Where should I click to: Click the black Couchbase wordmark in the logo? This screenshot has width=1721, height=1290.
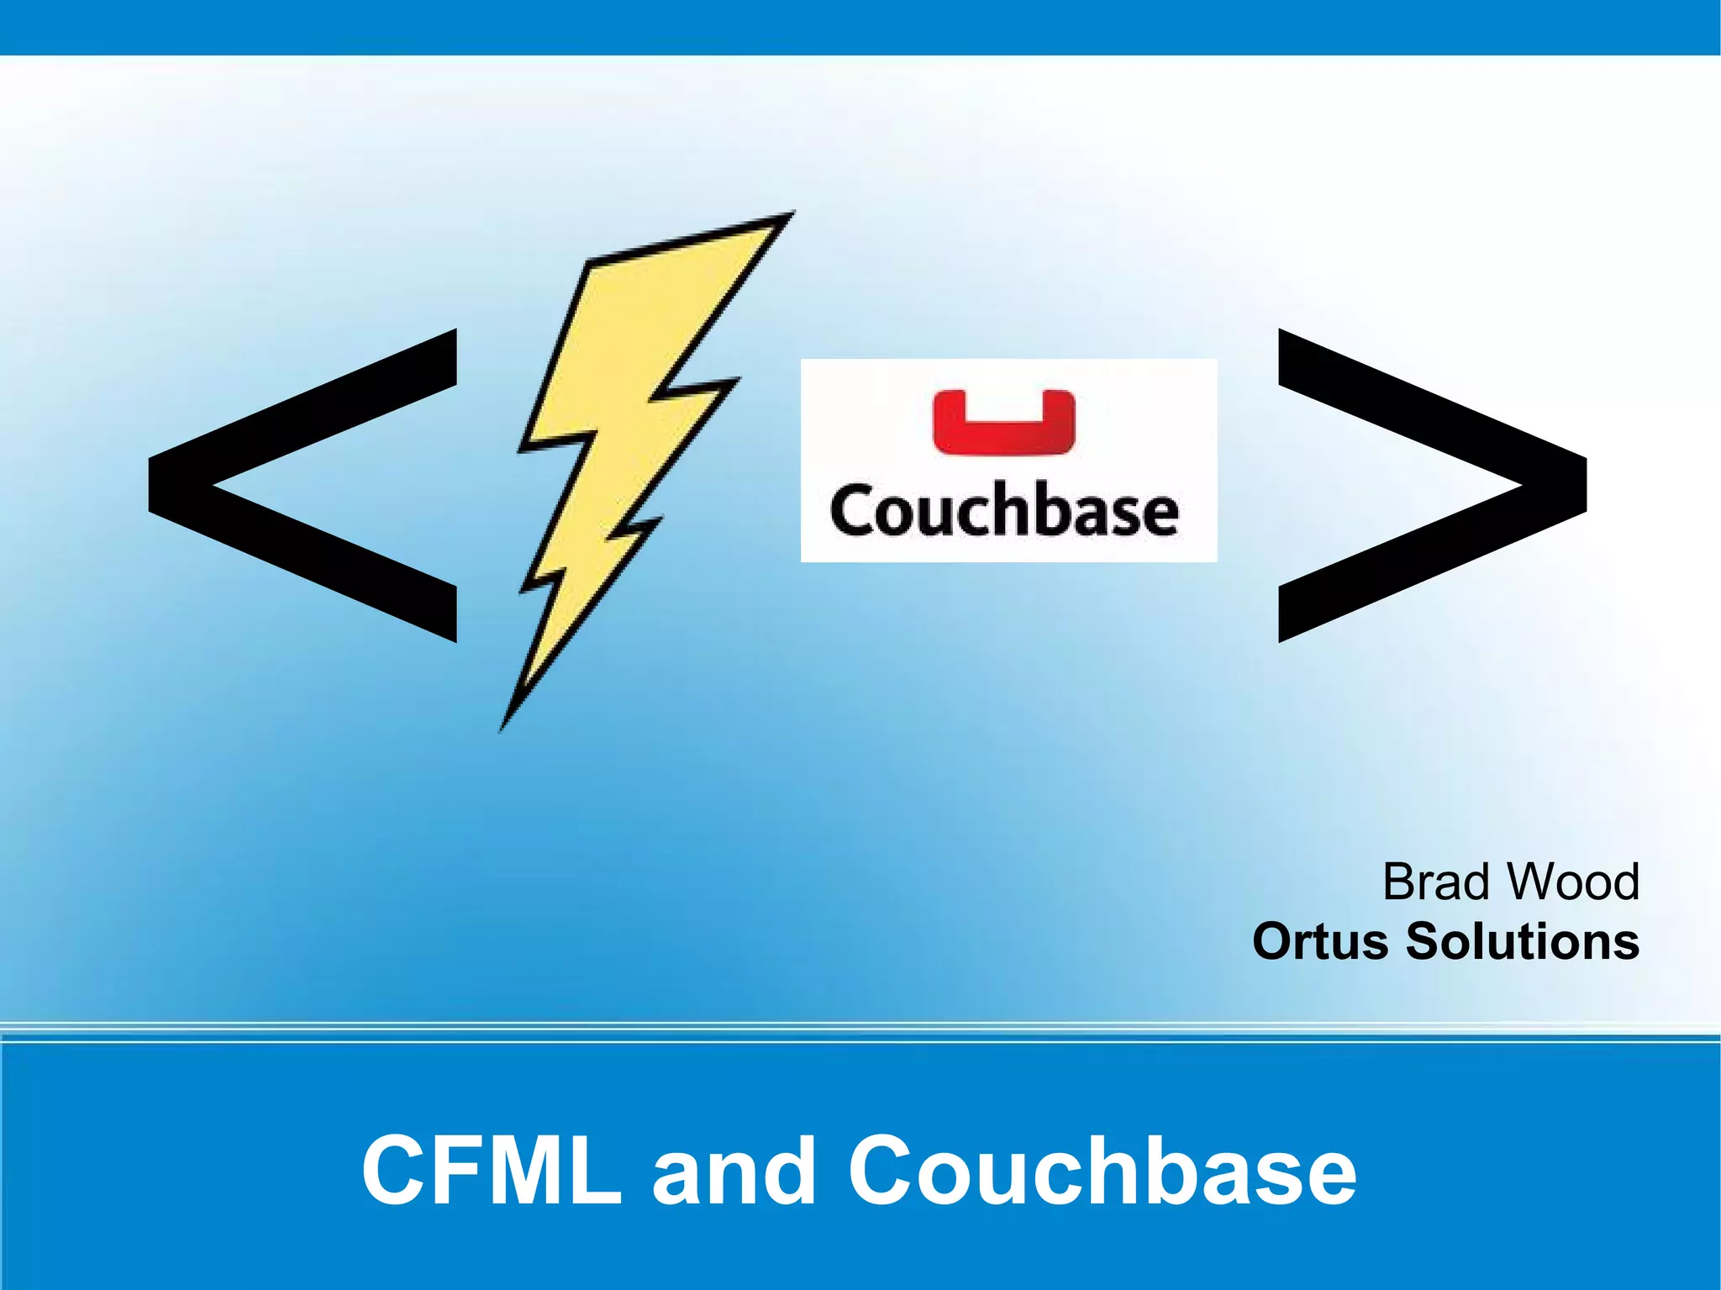pyautogui.click(x=1004, y=511)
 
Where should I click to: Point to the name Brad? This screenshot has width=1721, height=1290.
pyautogui.click(x=1438, y=882)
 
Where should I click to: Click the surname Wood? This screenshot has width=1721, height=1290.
pyautogui.click(x=1571, y=882)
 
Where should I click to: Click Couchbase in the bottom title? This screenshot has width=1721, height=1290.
pyautogui.click(x=1102, y=1170)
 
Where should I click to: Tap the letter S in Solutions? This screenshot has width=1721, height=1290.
pyautogui.click(x=1425, y=941)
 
